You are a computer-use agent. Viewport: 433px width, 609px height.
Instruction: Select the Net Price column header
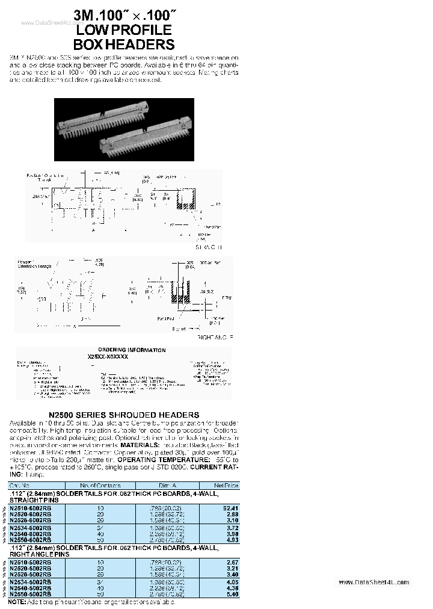pyautogui.click(x=226, y=485)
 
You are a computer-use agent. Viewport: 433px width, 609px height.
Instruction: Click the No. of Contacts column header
pyautogui.click(x=100, y=485)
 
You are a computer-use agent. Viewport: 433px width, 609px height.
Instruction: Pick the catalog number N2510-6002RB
pyautogui.click(x=31, y=508)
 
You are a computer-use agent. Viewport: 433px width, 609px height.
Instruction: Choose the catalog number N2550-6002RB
pyautogui.click(x=31, y=540)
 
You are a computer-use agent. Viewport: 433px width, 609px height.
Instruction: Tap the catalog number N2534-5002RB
pyautogui.click(x=31, y=582)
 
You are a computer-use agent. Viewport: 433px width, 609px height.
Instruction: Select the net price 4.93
pyautogui.click(x=232, y=540)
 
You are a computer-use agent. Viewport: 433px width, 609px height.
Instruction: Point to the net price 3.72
pyautogui.click(x=232, y=527)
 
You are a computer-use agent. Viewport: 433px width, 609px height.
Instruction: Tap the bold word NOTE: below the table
pyautogui.click(x=17, y=601)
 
